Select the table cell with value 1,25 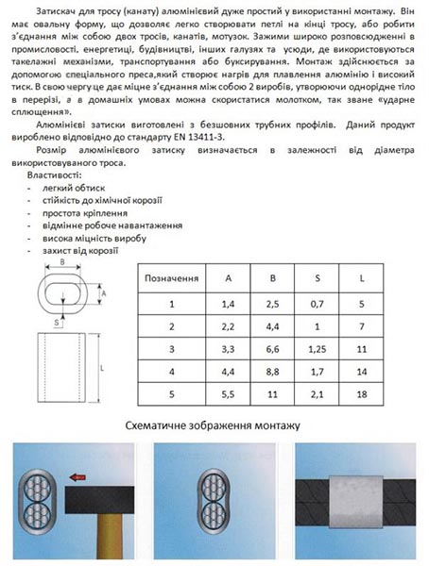pyautogui.click(x=317, y=348)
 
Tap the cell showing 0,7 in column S pyautogui.click(x=317, y=304)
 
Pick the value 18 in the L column pyautogui.click(x=362, y=393)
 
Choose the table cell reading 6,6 pyautogui.click(x=272, y=348)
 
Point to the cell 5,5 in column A pyautogui.click(x=228, y=393)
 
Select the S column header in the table pyautogui.click(x=317, y=279)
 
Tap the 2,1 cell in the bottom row pyautogui.click(x=317, y=393)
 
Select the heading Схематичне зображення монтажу pyautogui.click(x=214, y=425)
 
